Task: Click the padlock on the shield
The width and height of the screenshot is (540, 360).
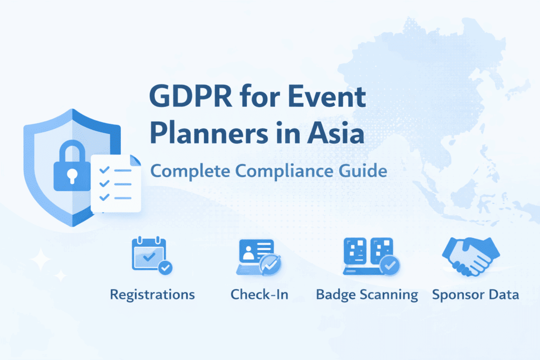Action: coord(71,168)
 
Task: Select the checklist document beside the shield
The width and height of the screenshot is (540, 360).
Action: coord(117,183)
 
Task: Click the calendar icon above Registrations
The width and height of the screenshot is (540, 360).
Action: coord(149,254)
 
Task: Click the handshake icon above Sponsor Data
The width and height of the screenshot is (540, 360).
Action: coord(471,255)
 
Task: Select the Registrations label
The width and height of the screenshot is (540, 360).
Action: coord(152,294)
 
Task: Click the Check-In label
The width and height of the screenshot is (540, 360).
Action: coord(259,294)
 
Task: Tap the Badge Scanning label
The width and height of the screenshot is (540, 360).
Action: coord(367,294)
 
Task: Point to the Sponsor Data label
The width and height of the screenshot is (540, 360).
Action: coord(475,294)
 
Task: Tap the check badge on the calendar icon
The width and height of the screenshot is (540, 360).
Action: coord(166,267)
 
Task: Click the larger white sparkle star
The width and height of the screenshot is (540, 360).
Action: coord(40,260)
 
